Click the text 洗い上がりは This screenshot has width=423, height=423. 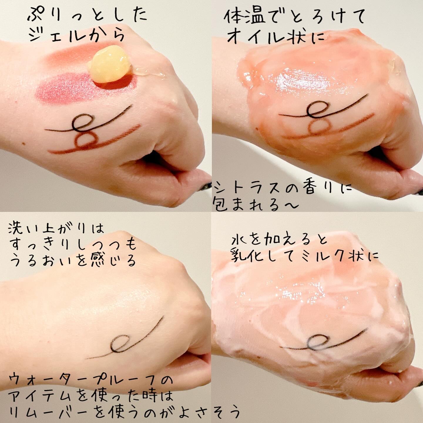click(56, 230)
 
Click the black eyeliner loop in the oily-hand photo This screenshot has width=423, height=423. click(316, 110)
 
